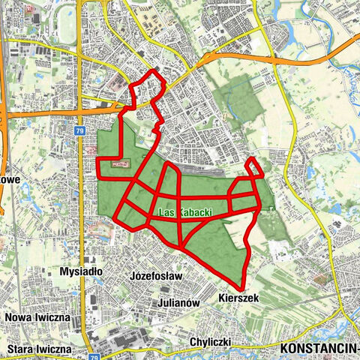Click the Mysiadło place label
coord(84,271)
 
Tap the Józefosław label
coord(156,276)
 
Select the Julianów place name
coord(178,303)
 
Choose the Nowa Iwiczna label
coord(37,317)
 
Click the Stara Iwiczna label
coord(38,349)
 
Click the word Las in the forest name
coord(166,213)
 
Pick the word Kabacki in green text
coord(194,213)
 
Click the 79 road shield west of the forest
coord(79,130)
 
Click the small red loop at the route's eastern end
coord(254,168)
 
